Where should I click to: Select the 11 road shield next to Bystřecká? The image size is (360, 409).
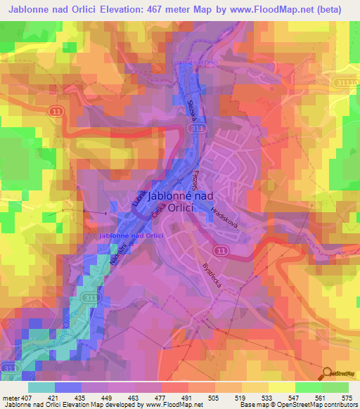pyautogui.click(x=221, y=250)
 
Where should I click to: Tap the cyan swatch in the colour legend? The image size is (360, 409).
pyautogui.click(x=41, y=387)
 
